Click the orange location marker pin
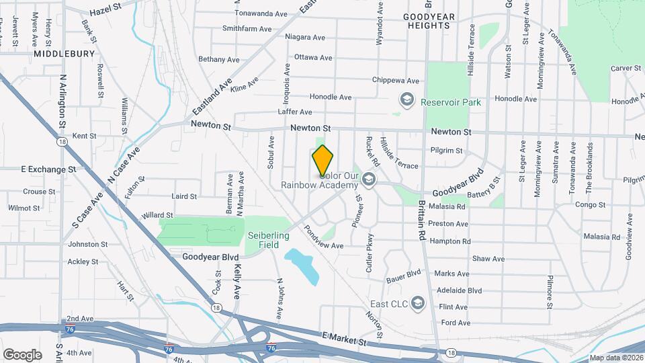point(323,161)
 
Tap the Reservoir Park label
point(451,103)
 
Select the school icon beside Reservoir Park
point(406,99)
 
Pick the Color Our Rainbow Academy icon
point(368,179)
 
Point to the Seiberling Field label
point(268,240)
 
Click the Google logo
point(22,354)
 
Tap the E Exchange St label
point(48,169)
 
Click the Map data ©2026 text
point(616,358)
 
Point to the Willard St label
point(157,215)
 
